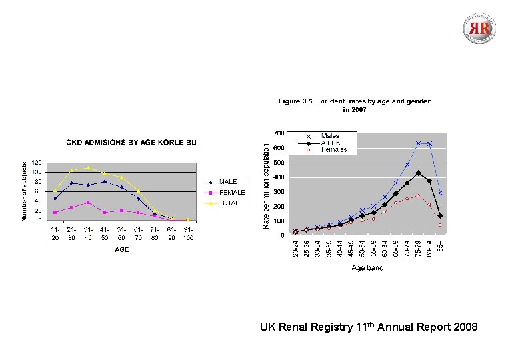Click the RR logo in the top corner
click(x=480, y=29)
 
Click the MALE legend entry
click(x=229, y=181)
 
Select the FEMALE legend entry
click(x=232, y=192)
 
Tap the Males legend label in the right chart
click(x=330, y=136)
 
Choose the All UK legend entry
click(x=331, y=143)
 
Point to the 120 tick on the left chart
click(x=36, y=162)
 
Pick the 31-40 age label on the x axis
click(x=88, y=233)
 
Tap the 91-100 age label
click(x=188, y=233)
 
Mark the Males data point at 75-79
click(x=418, y=143)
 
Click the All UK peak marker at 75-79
click(x=418, y=173)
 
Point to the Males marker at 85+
click(x=440, y=193)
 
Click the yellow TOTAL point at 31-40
click(x=88, y=167)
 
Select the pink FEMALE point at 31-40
click(x=88, y=203)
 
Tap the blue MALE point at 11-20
click(x=55, y=199)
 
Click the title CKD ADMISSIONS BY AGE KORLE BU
click(x=131, y=142)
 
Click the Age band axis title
click(x=368, y=268)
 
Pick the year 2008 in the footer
click(x=464, y=327)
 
